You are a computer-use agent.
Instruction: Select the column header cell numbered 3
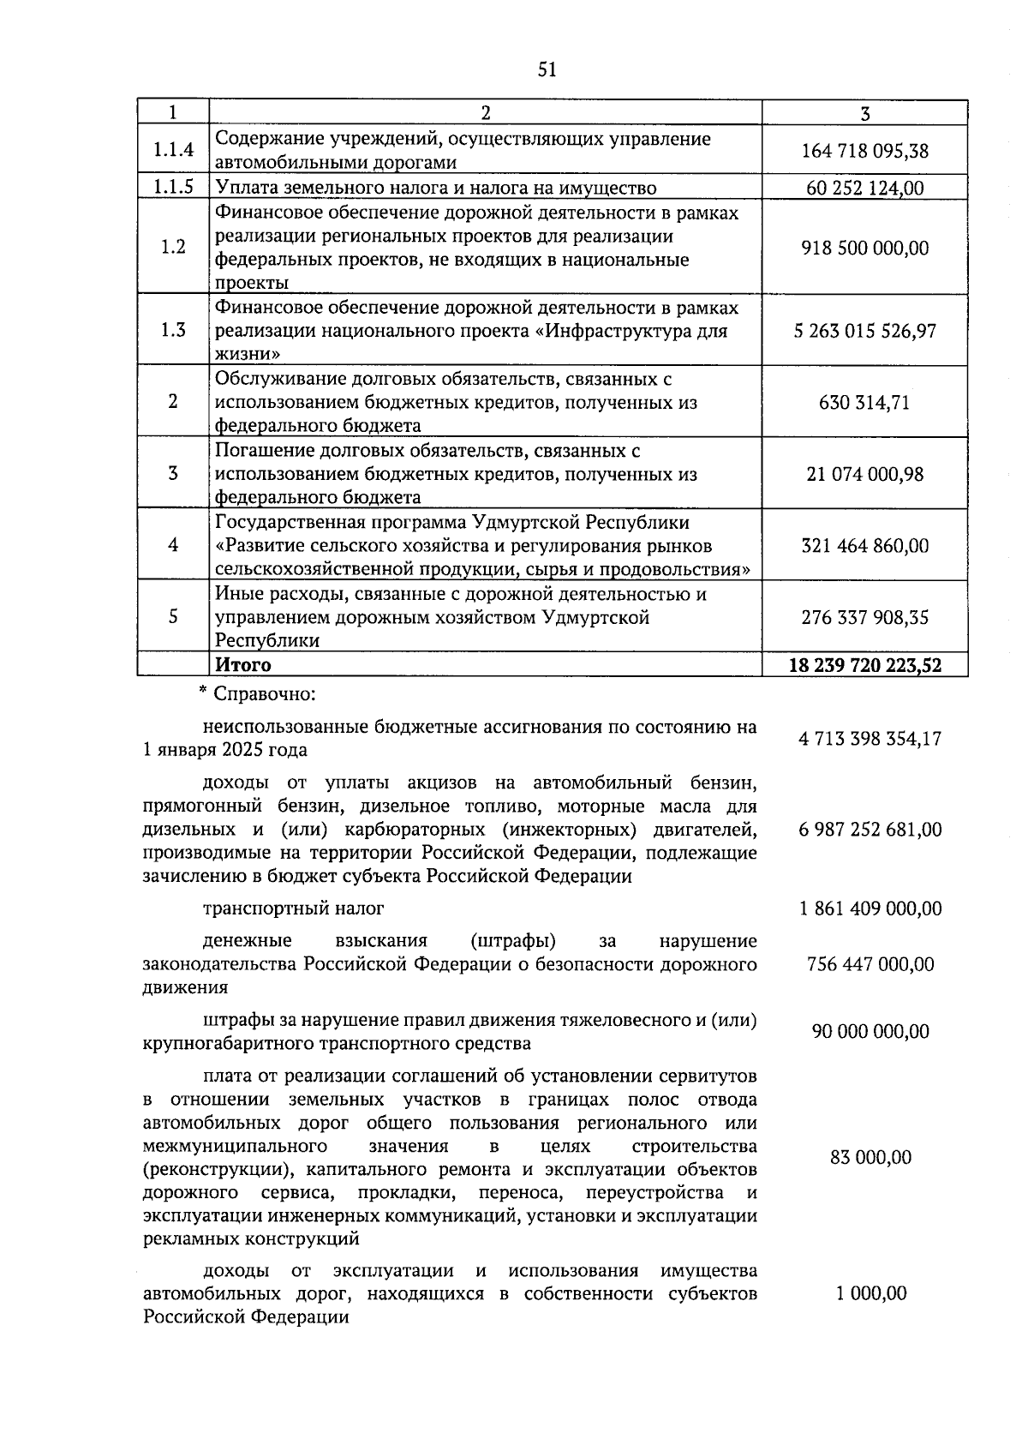(864, 113)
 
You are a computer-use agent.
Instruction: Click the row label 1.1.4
(173, 150)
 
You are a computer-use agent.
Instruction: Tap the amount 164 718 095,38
(864, 151)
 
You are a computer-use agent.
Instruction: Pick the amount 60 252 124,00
(864, 188)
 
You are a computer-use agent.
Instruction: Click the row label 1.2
(173, 247)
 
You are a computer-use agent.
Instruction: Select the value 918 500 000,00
(864, 248)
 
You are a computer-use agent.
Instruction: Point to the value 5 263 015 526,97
(864, 331)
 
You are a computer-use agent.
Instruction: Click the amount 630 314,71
(864, 402)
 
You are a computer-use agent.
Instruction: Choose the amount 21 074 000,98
(864, 474)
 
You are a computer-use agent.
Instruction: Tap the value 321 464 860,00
(864, 545)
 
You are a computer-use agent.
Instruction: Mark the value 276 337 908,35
(864, 617)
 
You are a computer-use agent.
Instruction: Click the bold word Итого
(243, 664)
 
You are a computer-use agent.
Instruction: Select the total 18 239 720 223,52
(864, 665)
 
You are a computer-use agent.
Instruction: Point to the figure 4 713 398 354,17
(870, 739)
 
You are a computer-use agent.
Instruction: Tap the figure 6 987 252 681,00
(870, 830)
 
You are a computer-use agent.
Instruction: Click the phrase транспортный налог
(294, 908)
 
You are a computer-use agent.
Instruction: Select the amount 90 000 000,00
(870, 1031)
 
